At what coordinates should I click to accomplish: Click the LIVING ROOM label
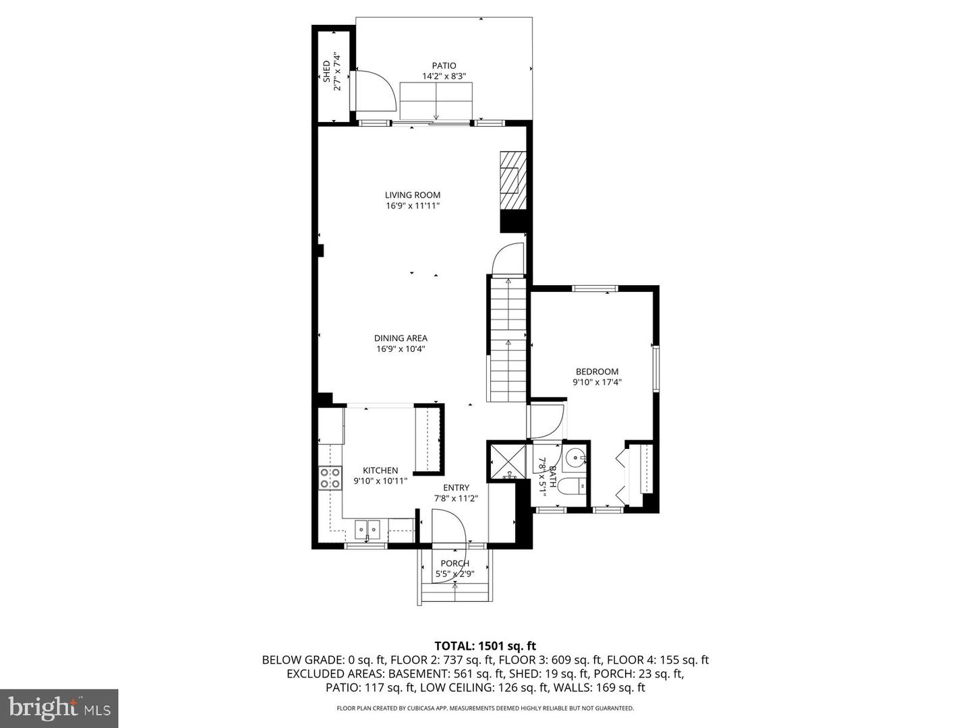tap(413, 195)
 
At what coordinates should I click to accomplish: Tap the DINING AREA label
tap(401, 338)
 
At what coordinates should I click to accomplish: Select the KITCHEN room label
tap(380, 471)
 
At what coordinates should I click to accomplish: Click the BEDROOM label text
tap(597, 371)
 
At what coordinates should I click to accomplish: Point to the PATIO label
tap(444, 65)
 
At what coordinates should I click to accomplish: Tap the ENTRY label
tap(456, 488)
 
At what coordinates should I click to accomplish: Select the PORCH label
tap(454, 564)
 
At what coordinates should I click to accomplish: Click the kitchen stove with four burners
tap(330, 478)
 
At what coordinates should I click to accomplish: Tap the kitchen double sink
tap(368, 530)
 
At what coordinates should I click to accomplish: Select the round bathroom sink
tap(575, 458)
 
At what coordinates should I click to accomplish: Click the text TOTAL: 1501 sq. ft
tap(485, 646)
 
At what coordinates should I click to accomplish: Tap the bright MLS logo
tap(59, 708)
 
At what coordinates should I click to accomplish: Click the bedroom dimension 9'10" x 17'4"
tap(597, 382)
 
